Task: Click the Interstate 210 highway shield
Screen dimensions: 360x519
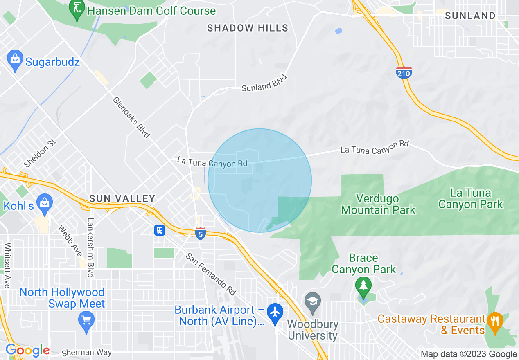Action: tap(404, 72)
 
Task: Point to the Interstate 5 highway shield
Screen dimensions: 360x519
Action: tap(200, 233)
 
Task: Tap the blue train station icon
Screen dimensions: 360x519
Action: tap(160, 230)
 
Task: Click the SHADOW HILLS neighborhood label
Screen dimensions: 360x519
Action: tap(248, 28)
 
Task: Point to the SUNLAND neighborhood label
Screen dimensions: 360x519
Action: tap(470, 16)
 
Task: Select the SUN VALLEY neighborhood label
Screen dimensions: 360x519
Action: tap(122, 199)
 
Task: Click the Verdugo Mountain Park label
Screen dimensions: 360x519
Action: tap(378, 205)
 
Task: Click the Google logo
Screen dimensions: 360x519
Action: tap(27, 350)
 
